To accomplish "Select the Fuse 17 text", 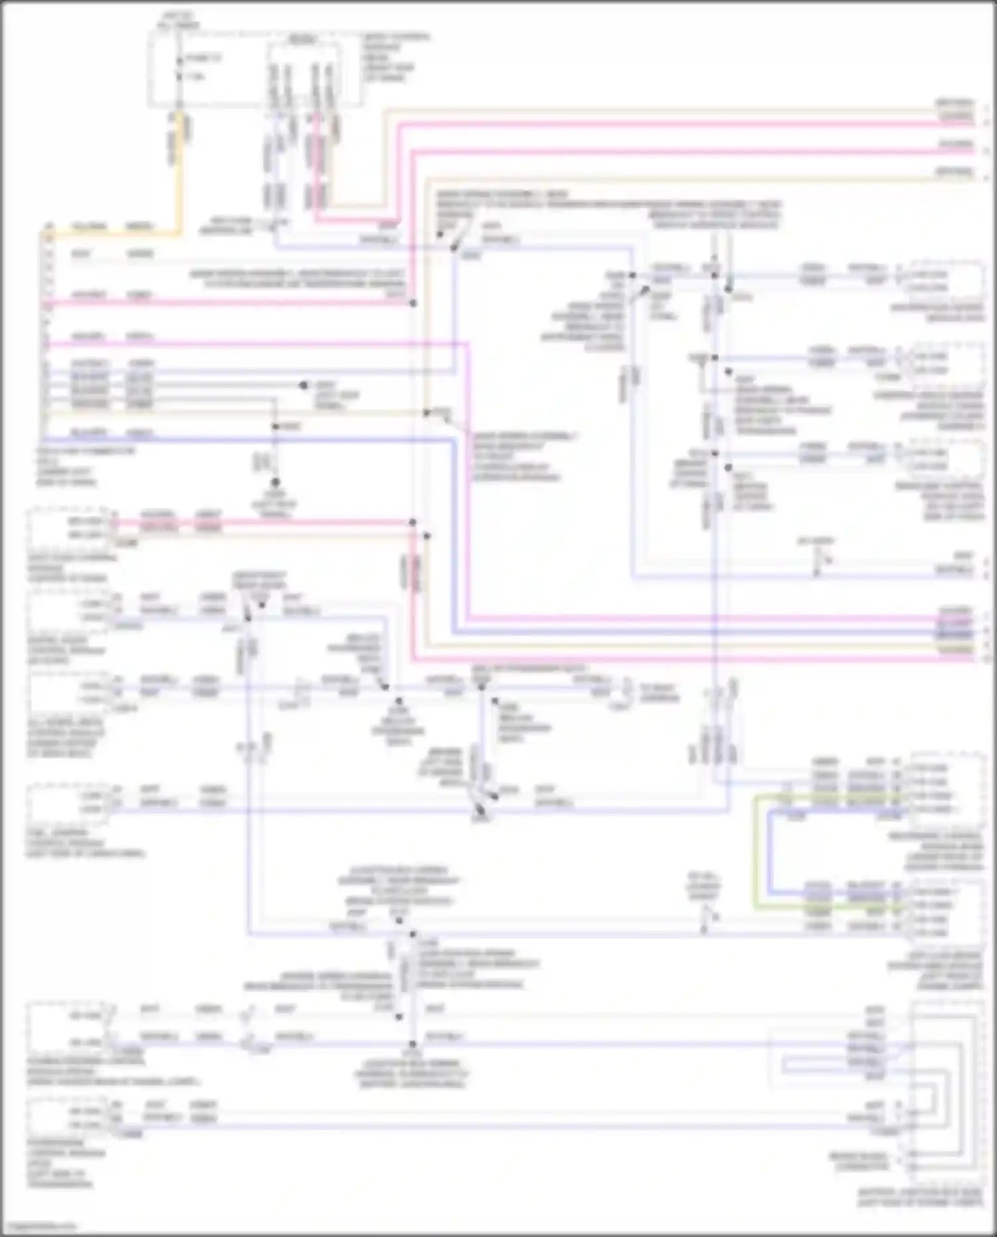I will (x=203, y=58).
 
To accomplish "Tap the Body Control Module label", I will (x=396, y=57).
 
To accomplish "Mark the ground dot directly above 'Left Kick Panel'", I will (x=275, y=483).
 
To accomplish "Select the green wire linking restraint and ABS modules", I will (x=755, y=851).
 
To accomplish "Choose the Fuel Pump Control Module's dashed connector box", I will (x=66, y=802).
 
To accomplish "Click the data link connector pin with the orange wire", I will (x=48, y=227).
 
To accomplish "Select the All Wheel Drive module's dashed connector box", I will (x=66, y=691).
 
